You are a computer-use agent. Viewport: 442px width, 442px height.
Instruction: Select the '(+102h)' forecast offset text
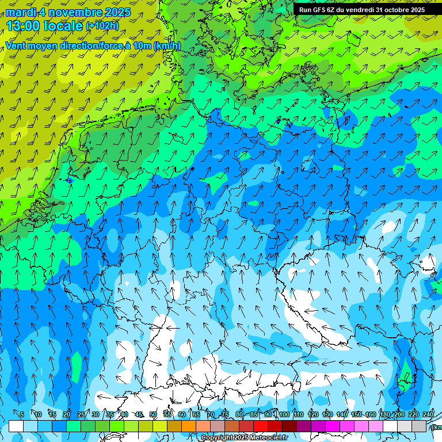[x=102, y=25]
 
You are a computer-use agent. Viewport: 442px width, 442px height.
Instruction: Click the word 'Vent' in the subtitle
[x=17, y=46]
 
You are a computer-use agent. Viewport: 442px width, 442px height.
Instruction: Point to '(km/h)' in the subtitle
[x=167, y=46]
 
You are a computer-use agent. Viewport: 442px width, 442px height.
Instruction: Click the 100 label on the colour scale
[x=284, y=414]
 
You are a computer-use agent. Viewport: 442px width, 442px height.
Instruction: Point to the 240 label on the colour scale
[x=428, y=414]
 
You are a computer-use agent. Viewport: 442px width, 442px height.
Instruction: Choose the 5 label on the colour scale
[x=22, y=414]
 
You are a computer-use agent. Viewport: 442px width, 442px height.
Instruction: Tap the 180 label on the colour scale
[x=384, y=414]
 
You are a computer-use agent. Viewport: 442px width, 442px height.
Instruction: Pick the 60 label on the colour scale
[x=182, y=414]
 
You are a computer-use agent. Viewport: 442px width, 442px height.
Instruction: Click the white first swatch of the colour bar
[x=16, y=426]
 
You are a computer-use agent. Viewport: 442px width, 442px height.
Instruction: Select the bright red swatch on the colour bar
[x=261, y=426]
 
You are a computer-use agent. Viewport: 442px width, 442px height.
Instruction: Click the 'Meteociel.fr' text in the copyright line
[x=268, y=438]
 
